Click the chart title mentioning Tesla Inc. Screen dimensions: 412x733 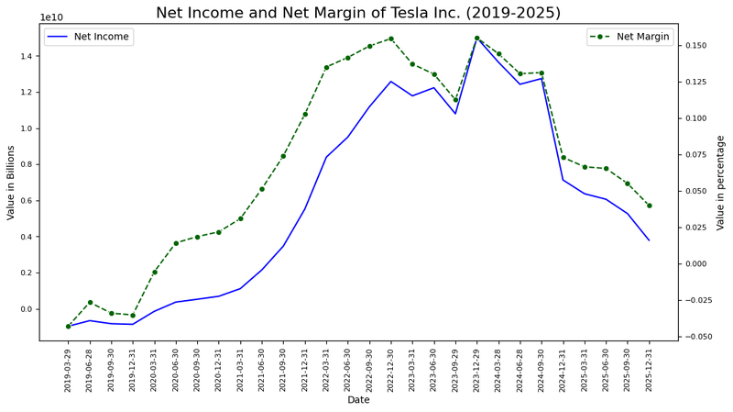pyautogui.click(x=371, y=13)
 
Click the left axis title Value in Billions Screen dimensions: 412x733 pyautogui.click(x=11, y=182)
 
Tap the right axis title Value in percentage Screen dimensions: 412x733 pyautogui.click(x=721, y=182)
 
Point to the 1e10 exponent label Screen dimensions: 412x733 pyautogui.click(x=51, y=17)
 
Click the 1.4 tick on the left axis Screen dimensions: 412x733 pyautogui.click(x=26, y=56)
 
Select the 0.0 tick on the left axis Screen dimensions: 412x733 pyautogui.click(x=26, y=309)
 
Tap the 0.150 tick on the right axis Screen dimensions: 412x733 pyautogui.click(x=699, y=46)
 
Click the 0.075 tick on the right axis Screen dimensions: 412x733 pyautogui.click(x=699, y=155)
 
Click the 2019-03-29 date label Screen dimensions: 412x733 pyautogui.click(x=69, y=370)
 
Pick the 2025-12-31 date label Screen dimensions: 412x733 pyautogui.click(x=650, y=370)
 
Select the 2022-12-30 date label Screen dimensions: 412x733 pyautogui.click(x=391, y=370)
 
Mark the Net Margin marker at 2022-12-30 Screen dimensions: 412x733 pyautogui.click(x=391, y=39)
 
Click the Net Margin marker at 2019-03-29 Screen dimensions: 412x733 pyautogui.click(x=68, y=326)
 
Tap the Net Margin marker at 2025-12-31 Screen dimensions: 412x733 pyautogui.click(x=650, y=206)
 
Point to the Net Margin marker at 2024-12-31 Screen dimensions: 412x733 pyautogui.click(x=563, y=157)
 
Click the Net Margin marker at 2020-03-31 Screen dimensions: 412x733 pyautogui.click(x=154, y=272)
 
